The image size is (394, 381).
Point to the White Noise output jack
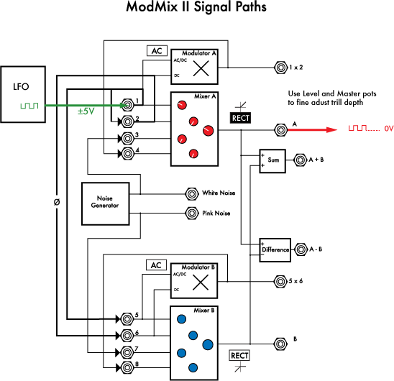coord(192,194)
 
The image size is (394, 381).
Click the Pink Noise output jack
coord(192,213)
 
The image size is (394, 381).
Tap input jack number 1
coord(127,105)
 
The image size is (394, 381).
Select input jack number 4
coord(127,153)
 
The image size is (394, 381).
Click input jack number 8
coord(127,367)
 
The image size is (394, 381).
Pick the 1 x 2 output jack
coord(280,68)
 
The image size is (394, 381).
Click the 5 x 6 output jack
coord(280,281)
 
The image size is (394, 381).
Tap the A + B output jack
coord(301,160)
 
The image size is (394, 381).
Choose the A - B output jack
coord(301,249)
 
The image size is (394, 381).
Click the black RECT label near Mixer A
coord(240,118)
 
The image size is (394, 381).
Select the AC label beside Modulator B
coord(156,265)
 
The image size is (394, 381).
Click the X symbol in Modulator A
coord(201,68)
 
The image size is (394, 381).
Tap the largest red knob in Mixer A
coord(208,130)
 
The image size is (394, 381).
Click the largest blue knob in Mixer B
coord(208,344)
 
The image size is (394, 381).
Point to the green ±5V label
coord(86,111)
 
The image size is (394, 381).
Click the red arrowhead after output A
coord(331,129)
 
